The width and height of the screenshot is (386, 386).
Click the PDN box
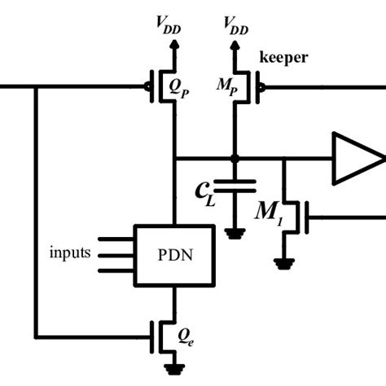pos(173,254)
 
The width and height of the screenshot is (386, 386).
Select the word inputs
pos(69,253)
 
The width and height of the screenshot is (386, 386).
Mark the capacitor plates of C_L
pos(235,186)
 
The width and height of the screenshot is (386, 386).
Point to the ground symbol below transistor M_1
pos(282,263)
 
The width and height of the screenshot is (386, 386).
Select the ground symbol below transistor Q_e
pos(172,369)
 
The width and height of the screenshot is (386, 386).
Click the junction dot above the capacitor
pos(235,159)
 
